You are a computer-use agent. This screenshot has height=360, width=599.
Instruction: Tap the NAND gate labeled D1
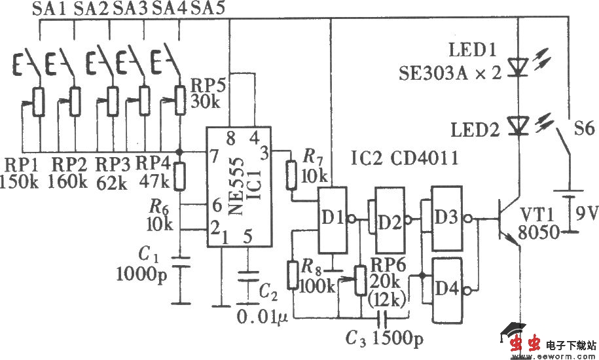(332, 219)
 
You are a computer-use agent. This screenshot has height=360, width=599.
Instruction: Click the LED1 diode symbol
(518, 66)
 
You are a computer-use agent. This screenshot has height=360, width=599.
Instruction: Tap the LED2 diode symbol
(518, 125)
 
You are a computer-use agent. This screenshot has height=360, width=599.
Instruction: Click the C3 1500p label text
(384, 339)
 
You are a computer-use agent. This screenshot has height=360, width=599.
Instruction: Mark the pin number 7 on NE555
(213, 155)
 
